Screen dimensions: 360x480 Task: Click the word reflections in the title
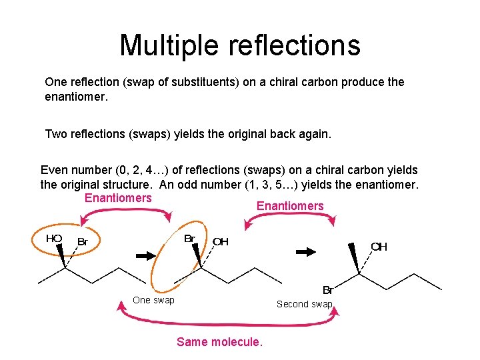coord(295,45)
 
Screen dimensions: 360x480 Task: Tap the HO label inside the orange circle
coord(54,238)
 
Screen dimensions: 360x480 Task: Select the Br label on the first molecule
coord(83,241)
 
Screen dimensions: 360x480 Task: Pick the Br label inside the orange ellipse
coord(189,238)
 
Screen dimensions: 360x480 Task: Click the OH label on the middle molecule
coord(221,241)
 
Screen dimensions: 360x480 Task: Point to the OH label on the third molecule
coord(379,247)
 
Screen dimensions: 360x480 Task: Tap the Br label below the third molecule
coord(328,290)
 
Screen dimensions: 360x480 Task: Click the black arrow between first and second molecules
coord(145,255)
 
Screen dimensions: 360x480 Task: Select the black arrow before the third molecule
coord(306,251)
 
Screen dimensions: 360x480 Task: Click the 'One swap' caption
coord(153,300)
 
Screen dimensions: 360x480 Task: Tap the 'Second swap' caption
coord(304,304)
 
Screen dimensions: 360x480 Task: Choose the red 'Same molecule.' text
coord(219,342)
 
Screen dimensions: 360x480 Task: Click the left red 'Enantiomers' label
coord(118,198)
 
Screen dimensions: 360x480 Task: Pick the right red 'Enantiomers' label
coord(290,206)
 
